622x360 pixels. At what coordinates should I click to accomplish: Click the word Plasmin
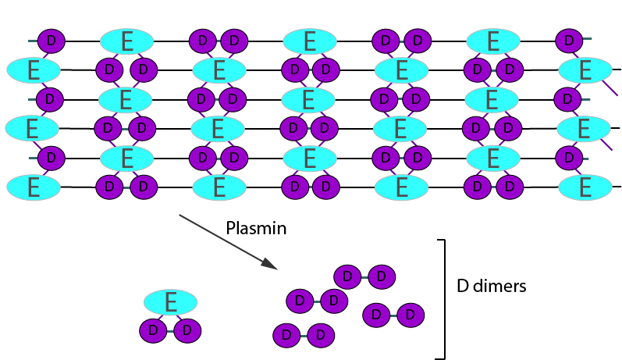[x=256, y=229]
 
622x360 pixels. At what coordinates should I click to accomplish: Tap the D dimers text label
[x=492, y=286]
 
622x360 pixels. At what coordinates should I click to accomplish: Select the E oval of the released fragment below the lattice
[x=170, y=301]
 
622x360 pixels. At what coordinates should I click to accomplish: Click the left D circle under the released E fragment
[x=154, y=331]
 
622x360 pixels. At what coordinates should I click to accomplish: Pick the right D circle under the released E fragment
[x=187, y=331]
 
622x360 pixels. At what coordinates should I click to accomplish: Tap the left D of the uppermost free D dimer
[x=348, y=276]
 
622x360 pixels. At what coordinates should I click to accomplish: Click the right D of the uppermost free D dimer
[x=381, y=276]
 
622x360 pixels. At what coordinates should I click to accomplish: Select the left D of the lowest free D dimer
[x=287, y=336]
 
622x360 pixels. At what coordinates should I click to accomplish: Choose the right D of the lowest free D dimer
[x=320, y=336]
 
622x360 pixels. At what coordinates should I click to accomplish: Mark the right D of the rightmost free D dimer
[x=410, y=315]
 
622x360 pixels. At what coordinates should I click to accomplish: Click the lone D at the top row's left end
[x=52, y=40]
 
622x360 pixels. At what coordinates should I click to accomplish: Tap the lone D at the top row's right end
[x=569, y=40]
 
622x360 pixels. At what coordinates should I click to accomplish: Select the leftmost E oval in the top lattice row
[x=127, y=40]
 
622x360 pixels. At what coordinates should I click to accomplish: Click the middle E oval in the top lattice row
[x=310, y=40]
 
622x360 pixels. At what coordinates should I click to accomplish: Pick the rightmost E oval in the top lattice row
[x=492, y=40]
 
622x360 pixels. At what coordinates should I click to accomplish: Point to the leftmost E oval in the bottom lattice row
[x=34, y=187]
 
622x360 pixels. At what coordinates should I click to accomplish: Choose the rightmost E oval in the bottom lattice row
[x=585, y=187]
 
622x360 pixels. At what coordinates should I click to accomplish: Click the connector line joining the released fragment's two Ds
[x=170, y=332]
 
